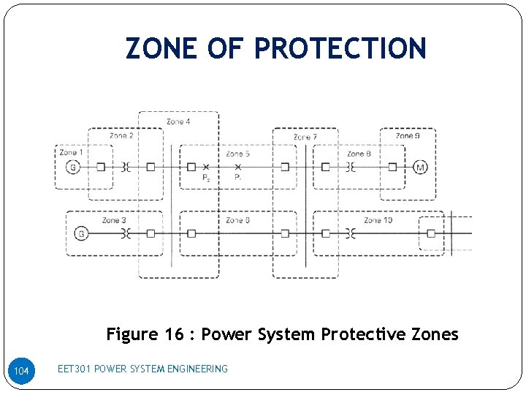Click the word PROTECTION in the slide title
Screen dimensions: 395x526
340,48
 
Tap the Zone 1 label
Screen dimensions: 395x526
72,153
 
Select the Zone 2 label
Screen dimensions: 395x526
121,136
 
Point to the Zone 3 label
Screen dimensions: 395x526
114,220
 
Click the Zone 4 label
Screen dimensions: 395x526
178,121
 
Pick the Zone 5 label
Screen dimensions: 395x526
237,154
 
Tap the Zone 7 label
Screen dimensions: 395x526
305,137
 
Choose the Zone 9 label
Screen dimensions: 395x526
407,136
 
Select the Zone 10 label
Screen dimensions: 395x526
378,220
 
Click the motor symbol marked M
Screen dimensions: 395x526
419,167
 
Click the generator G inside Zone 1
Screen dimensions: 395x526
72,167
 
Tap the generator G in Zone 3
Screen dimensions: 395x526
81,233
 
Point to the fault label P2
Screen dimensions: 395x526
206,178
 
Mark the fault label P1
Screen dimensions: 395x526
237,178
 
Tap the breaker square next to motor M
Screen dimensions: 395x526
392,167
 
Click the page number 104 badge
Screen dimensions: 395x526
22,372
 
